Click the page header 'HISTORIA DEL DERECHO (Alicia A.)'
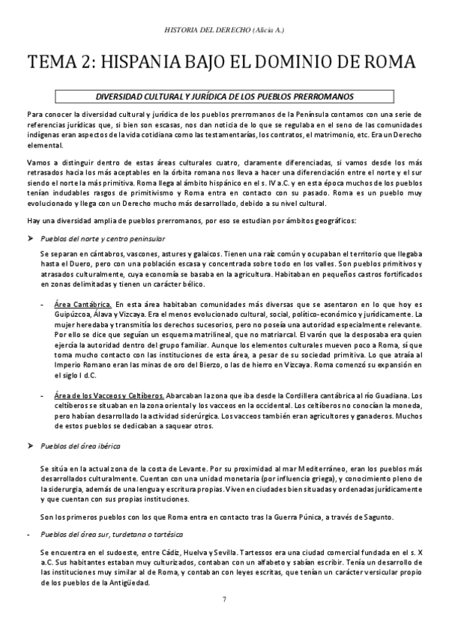(x=224, y=30)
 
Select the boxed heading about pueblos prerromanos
(x=225, y=96)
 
